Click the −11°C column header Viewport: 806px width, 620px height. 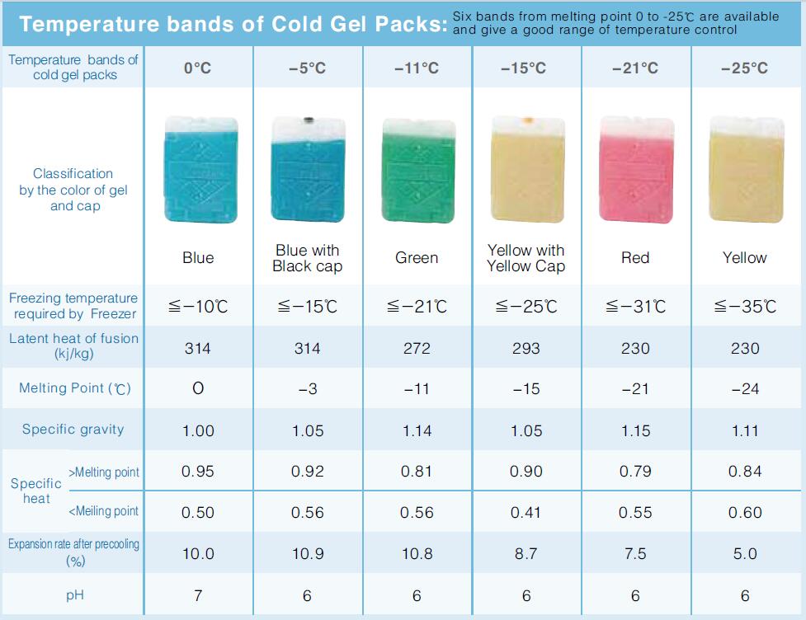417,68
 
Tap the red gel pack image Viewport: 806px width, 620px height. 636,170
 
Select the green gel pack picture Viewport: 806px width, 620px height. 418,171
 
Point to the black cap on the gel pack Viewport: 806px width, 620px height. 309,120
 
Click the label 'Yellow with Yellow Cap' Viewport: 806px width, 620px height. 526,258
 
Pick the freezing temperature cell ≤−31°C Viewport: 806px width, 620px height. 635,307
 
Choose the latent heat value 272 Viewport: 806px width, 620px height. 417,348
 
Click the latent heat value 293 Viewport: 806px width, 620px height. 526,348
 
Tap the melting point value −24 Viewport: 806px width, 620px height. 745,389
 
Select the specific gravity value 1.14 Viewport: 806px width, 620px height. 417,430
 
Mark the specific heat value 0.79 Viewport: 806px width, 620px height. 635,471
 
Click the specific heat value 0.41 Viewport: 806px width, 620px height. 526,512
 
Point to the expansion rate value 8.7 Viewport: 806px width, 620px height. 526,554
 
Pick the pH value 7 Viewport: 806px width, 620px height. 198,595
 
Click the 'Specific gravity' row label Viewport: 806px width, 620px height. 73,430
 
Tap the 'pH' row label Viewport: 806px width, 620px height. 74,595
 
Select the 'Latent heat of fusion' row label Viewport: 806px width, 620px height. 73,345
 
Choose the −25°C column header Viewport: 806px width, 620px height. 744,68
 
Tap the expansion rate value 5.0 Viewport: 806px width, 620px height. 745,554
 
